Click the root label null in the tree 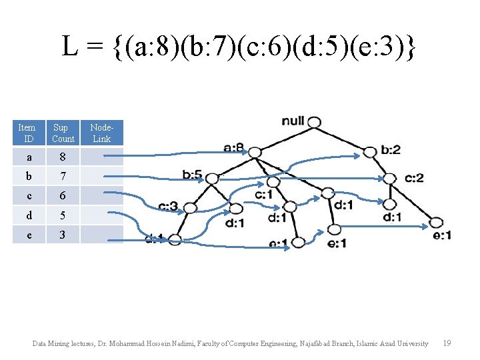click(293, 121)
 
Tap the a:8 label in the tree click(233, 148)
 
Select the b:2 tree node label click(391, 150)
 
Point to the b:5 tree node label click(193, 175)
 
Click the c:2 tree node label click(414, 178)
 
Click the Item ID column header click(27, 133)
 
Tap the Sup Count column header click(63, 133)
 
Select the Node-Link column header click(102, 133)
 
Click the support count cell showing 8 click(63, 157)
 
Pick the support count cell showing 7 click(63, 177)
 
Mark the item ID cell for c click(27, 196)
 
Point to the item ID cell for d click(27, 215)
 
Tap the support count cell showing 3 click(63, 235)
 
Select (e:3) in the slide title click(383, 47)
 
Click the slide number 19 click(447, 343)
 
